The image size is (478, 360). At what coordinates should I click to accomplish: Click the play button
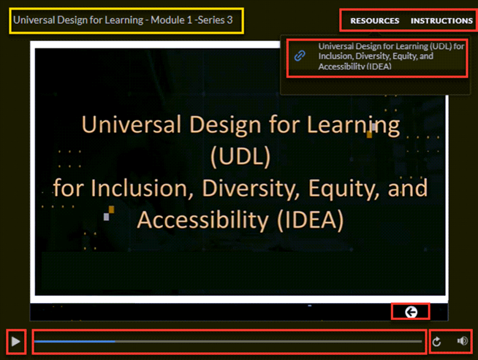click(x=15, y=341)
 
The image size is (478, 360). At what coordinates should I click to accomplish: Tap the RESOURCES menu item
click(x=375, y=21)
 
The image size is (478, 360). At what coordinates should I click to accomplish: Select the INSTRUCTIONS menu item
click(x=442, y=21)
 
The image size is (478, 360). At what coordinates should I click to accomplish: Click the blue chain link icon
click(x=300, y=56)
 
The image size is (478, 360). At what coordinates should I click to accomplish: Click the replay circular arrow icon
click(x=436, y=342)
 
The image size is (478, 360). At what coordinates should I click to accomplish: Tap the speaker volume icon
click(x=463, y=341)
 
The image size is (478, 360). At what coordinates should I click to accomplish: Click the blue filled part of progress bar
click(x=75, y=341)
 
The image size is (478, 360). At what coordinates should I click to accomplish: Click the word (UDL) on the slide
click(x=240, y=156)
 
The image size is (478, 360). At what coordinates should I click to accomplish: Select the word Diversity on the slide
click(x=251, y=188)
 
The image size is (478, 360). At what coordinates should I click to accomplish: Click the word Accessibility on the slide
click(x=203, y=220)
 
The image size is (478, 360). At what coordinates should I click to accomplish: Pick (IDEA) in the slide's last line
click(x=310, y=220)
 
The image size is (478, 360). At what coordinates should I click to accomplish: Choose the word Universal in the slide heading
click(x=131, y=124)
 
